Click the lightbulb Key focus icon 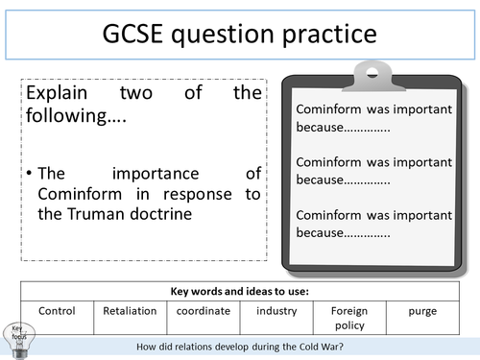tap(17, 335)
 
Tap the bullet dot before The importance tap(30, 174)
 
